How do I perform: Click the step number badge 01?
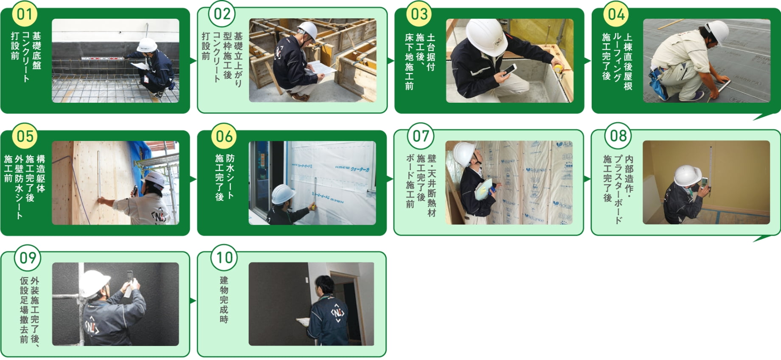point(25,14)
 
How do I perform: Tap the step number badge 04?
point(616,14)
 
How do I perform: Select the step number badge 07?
point(421,136)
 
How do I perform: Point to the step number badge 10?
point(224,257)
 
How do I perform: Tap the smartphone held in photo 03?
point(509,70)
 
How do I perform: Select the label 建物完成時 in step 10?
point(224,299)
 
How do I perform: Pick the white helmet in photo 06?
point(284,194)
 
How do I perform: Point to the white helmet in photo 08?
point(687,175)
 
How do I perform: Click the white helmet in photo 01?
point(147,45)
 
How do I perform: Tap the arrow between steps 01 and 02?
point(194,61)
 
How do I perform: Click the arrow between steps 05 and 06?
point(194,179)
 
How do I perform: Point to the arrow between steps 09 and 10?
point(194,301)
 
